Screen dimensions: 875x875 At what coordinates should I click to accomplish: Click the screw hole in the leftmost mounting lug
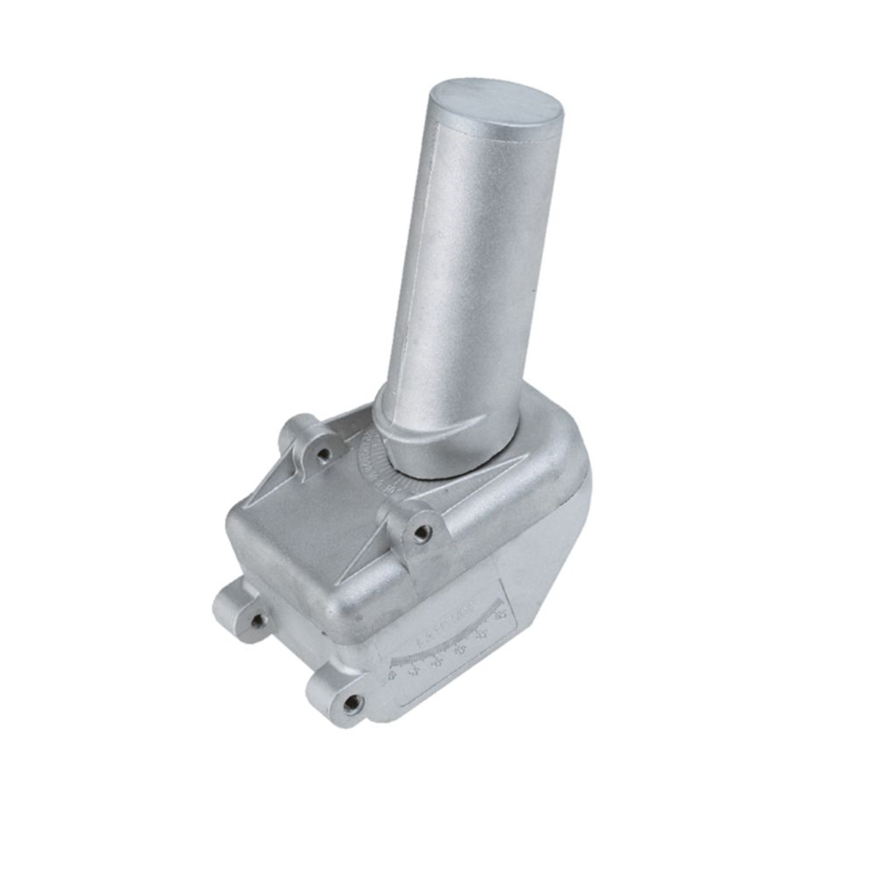click(258, 621)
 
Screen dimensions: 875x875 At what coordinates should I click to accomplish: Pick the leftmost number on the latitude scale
click(393, 674)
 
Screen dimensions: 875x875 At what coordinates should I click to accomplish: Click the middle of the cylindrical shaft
click(474, 255)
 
